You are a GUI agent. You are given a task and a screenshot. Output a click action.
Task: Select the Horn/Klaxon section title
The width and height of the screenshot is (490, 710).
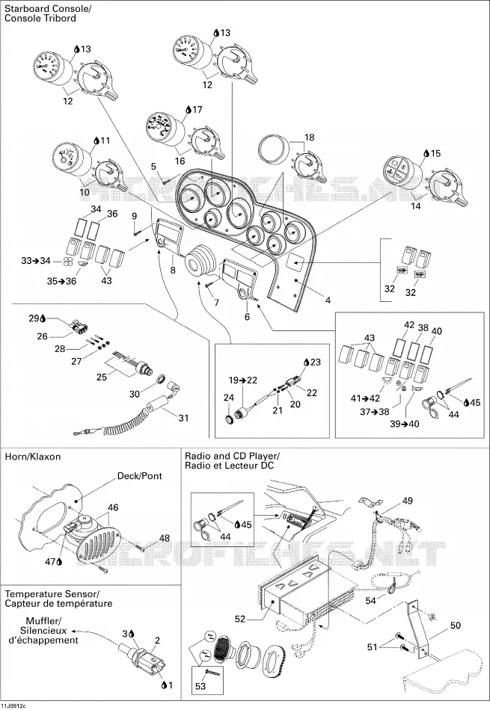click(x=33, y=457)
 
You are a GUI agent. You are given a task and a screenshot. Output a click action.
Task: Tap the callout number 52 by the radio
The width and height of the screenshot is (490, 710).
click(x=240, y=619)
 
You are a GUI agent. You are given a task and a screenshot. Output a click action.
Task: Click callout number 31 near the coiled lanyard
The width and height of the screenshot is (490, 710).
click(x=183, y=418)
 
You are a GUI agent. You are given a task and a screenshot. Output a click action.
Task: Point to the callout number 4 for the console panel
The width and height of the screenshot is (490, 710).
click(x=328, y=300)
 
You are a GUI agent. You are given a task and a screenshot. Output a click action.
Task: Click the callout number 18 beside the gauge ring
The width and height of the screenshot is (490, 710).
click(x=309, y=138)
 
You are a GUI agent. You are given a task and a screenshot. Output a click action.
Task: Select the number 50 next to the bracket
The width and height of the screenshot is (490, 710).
click(x=455, y=626)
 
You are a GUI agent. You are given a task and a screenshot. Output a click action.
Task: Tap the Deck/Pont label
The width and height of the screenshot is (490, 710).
click(x=139, y=476)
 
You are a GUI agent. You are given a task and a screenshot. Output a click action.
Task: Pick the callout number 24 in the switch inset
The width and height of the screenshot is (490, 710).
click(x=229, y=398)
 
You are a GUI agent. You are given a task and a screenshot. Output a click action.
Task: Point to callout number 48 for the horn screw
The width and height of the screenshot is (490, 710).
click(x=164, y=538)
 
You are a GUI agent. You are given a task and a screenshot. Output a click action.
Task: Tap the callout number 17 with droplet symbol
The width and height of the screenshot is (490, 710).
click(x=197, y=110)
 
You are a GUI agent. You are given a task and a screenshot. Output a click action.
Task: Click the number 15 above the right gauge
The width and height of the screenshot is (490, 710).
click(x=435, y=153)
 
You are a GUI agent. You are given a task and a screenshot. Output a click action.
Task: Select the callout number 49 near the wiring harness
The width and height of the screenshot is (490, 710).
click(x=408, y=501)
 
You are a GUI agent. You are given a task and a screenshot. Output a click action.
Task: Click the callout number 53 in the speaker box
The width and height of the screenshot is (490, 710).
click(x=200, y=686)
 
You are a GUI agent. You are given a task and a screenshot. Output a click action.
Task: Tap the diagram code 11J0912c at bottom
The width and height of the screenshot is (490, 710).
click(x=13, y=706)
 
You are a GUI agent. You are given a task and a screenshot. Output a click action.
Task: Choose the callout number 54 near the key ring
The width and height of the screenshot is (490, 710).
click(x=371, y=601)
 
